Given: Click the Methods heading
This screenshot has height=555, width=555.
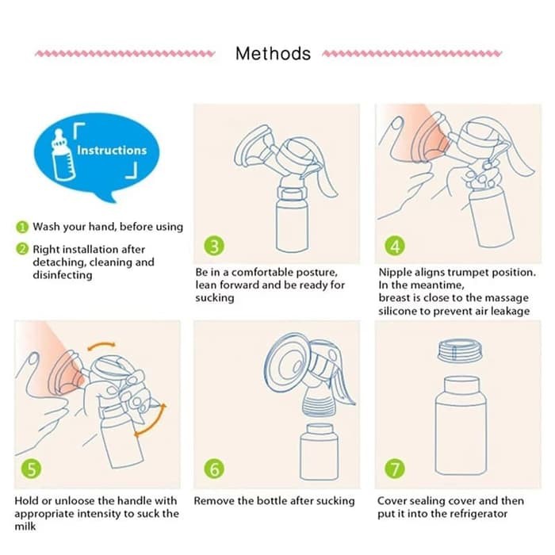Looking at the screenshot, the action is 273,54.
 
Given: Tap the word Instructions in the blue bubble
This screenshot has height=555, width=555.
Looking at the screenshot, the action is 112,151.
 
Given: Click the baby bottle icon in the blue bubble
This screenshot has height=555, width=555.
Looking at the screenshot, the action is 63,155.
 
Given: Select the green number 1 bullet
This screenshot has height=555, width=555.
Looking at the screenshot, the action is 22,227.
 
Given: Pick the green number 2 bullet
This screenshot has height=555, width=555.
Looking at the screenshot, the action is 22,249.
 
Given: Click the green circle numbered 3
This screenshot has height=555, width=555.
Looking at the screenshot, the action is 214,246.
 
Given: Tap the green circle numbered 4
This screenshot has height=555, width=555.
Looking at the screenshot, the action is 395,246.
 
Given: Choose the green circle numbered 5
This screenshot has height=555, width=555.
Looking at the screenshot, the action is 31,469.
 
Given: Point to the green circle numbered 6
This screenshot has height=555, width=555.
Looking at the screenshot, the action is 214,469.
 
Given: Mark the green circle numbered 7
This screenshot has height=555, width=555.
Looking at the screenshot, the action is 395,469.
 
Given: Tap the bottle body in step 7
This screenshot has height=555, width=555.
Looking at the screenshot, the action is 461,426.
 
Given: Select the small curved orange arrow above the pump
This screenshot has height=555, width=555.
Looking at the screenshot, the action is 101,346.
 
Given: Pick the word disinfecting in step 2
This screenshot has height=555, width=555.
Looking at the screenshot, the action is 63,275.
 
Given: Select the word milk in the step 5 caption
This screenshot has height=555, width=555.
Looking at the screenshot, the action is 25,526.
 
